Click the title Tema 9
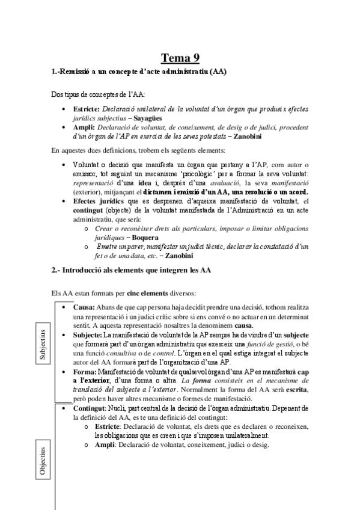click(180, 58)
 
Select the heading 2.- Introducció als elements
click(130, 270)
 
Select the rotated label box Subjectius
click(41, 344)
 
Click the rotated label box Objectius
click(41, 462)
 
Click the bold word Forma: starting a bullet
click(84, 372)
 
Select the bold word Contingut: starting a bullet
click(90, 408)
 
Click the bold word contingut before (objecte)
click(91, 212)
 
